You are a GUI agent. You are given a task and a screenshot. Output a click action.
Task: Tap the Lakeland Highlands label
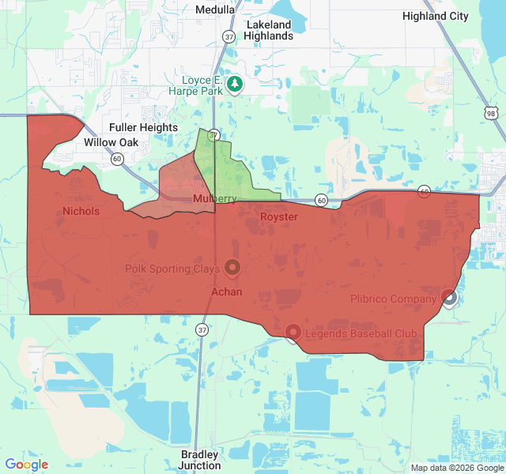click(x=268, y=30)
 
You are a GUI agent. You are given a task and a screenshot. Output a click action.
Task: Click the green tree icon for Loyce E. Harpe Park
click(x=234, y=84)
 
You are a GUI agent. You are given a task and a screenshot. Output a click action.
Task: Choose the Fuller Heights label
click(x=143, y=127)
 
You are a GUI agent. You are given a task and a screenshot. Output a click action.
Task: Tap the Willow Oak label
click(x=111, y=142)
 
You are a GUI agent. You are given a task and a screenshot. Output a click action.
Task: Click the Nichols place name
click(x=81, y=211)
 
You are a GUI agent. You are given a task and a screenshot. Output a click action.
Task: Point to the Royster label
click(x=279, y=216)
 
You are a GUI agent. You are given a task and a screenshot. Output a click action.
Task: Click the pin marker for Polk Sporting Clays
click(x=232, y=269)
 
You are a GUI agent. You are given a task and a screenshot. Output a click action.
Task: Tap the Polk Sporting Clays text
click(x=172, y=269)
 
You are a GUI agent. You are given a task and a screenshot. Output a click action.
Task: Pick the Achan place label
click(x=226, y=292)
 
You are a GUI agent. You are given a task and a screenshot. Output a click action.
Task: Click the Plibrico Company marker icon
click(x=449, y=298)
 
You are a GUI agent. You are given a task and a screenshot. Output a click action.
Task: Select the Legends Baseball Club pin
click(x=293, y=333)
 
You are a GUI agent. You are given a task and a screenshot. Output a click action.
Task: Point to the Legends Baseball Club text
click(x=361, y=333)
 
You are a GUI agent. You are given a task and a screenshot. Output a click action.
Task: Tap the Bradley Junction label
click(x=200, y=460)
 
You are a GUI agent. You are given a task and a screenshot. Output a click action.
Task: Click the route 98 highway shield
click(x=492, y=114)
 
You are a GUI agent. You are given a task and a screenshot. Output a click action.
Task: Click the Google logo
click(x=26, y=465)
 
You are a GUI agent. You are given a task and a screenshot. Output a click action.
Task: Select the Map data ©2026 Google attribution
click(x=456, y=468)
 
